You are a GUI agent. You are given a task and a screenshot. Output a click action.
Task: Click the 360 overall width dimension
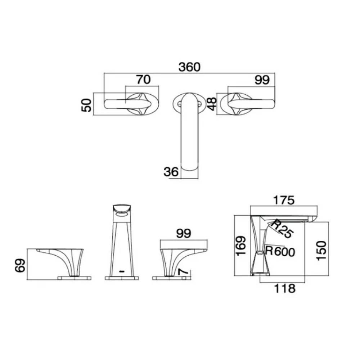(x=189, y=67)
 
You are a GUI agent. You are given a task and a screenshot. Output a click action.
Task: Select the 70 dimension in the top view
(x=143, y=80)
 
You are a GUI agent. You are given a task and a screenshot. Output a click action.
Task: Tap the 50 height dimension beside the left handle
(x=86, y=105)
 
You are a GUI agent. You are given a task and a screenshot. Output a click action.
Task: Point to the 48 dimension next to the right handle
(x=211, y=104)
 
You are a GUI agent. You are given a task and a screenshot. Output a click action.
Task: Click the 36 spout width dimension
(x=171, y=171)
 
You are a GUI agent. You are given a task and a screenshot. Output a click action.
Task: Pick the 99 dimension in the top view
(x=262, y=80)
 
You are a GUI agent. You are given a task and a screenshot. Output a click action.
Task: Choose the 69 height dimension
(x=20, y=265)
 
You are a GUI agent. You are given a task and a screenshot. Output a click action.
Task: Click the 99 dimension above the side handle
(x=184, y=234)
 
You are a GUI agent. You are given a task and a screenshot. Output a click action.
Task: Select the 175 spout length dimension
(x=284, y=200)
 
